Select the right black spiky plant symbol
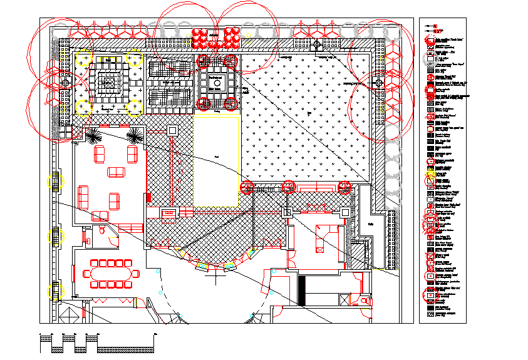click(134, 135)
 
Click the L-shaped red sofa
click(323, 235)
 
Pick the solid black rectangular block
click(301, 291)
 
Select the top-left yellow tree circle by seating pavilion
click(83, 59)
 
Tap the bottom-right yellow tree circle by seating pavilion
click(134, 107)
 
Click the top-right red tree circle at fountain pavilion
click(230, 61)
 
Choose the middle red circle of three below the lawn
click(289, 187)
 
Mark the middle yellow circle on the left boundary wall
click(56, 236)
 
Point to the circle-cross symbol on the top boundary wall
click(316, 44)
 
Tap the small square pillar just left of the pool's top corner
click(173, 130)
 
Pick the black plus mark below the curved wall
click(215, 274)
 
